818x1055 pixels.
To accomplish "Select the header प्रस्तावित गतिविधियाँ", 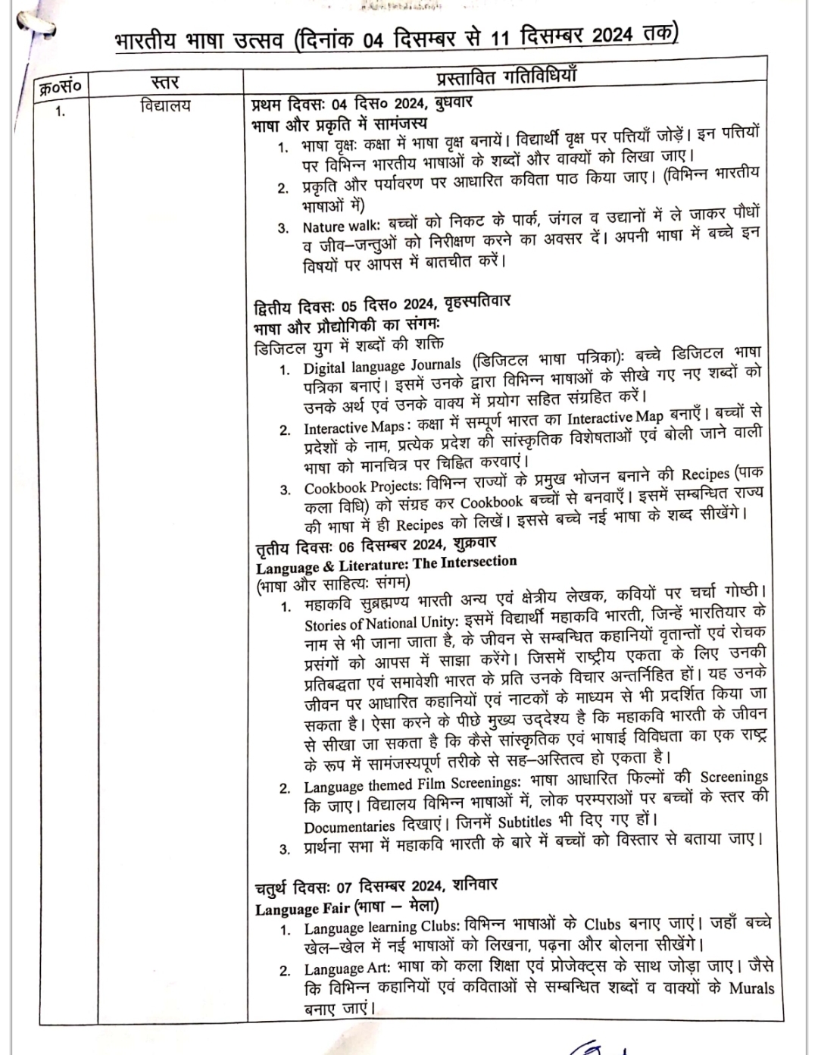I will click(507, 75).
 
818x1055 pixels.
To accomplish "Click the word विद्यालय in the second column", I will click(165, 106).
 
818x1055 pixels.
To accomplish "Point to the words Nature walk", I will click(335, 227).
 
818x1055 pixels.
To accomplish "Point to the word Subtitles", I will click(524, 822).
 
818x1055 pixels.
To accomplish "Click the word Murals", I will click(751, 988).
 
